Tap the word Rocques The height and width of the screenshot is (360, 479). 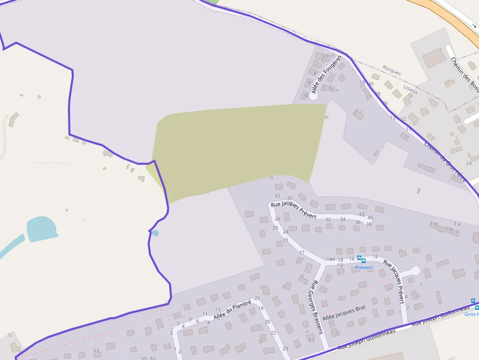[392, 70]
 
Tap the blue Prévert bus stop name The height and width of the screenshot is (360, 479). [364, 267]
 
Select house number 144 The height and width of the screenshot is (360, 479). [331, 259]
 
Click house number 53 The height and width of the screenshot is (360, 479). [96, 350]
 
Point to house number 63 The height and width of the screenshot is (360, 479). [311, 340]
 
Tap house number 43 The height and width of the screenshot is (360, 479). [362, 214]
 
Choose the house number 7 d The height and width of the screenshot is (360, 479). [433, 224]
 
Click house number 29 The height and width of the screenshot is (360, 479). [285, 348]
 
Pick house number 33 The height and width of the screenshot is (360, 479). [277, 196]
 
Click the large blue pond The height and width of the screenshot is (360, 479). [42, 229]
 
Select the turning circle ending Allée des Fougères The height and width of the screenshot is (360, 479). [313, 96]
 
